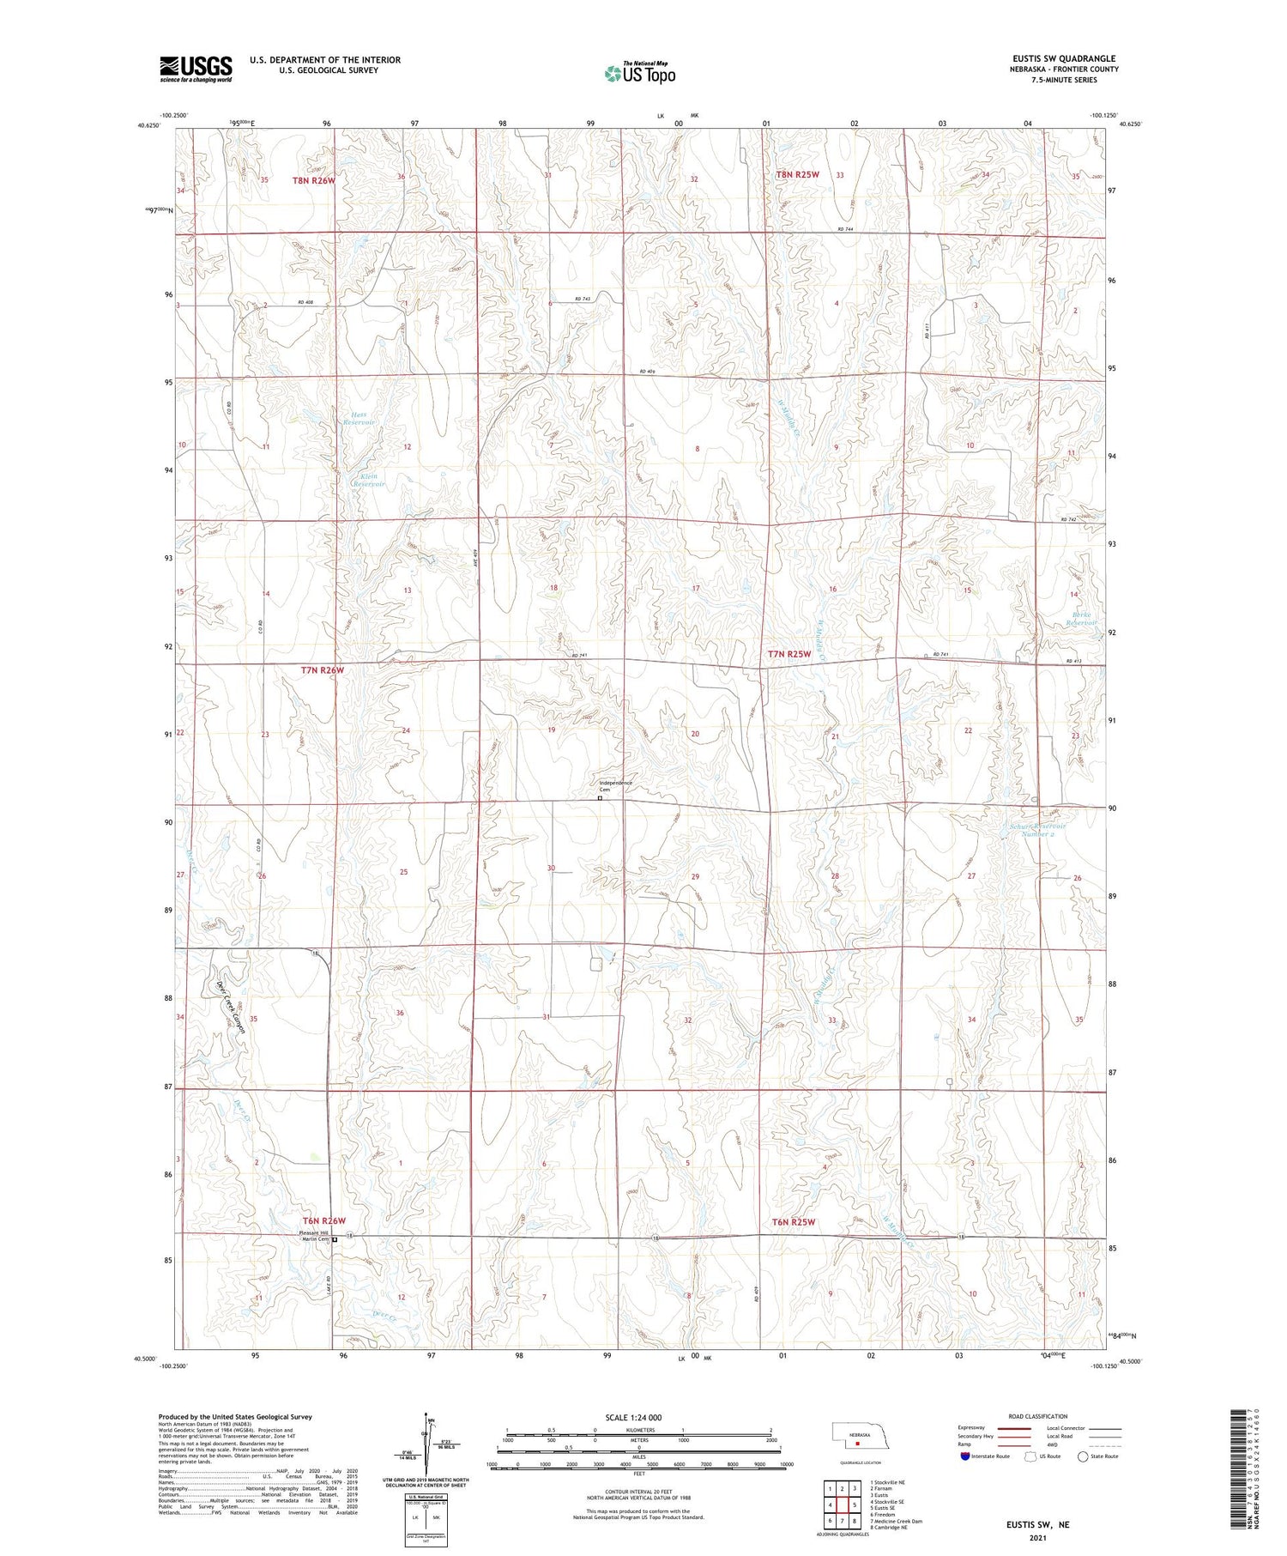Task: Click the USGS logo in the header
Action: [196, 69]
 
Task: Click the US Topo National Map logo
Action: [639, 73]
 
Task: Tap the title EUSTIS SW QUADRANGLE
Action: [1064, 59]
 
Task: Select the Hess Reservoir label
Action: [359, 418]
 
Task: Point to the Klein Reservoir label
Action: [370, 480]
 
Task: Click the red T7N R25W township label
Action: [789, 654]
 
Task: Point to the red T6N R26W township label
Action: [323, 1220]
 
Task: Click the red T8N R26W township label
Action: [313, 180]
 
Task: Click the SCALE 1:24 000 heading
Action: [633, 1417]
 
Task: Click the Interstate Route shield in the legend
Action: [965, 1456]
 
